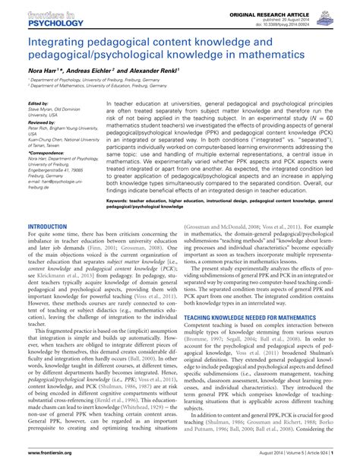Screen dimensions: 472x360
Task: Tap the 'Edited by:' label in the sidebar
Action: (37, 103)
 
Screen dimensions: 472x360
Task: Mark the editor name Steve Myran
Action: (43, 108)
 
